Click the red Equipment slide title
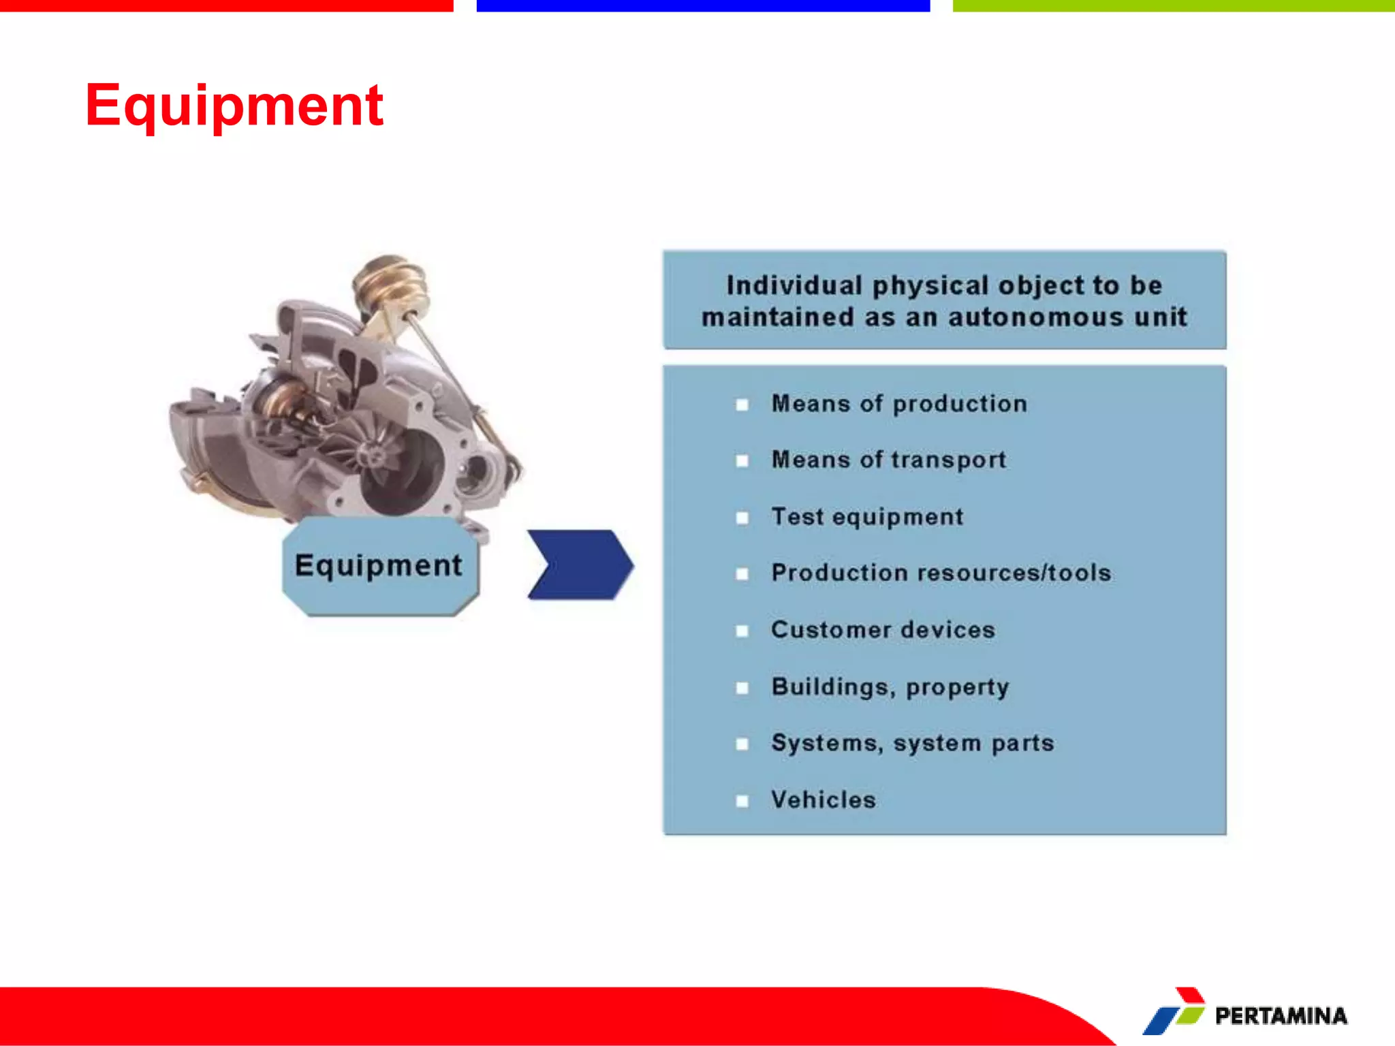point(234,106)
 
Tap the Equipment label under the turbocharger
point(379,565)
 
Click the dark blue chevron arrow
point(581,565)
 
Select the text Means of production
point(898,404)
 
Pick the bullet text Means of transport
point(888,460)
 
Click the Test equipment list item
point(867,517)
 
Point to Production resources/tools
point(941,573)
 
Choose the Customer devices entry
point(883,630)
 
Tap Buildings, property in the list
point(890,686)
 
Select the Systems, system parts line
point(912,743)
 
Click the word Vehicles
point(823,799)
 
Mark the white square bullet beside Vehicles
point(742,801)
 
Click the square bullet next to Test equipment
point(742,518)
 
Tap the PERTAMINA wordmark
point(1281,1016)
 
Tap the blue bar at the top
point(703,5)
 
